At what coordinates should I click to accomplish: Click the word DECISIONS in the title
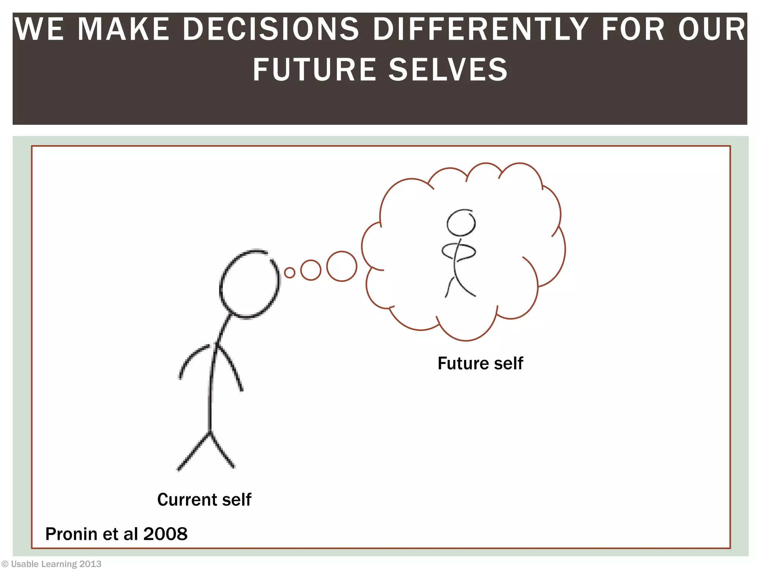(270, 29)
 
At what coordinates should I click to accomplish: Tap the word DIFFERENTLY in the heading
(480, 29)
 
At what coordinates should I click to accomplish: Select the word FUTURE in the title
(314, 70)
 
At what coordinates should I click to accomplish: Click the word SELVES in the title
(448, 70)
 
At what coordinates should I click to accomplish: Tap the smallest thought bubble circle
(289, 272)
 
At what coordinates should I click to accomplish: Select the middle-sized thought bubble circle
(311, 270)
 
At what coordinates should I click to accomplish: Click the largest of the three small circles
(342, 267)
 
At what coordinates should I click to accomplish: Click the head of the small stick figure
(461, 223)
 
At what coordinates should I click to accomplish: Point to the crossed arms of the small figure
(458, 251)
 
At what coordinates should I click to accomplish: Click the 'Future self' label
(480, 363)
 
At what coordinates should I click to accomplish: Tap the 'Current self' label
(204, 499)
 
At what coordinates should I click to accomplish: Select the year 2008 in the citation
(165, 534)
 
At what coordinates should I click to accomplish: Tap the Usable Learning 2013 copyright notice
(52, 564)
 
